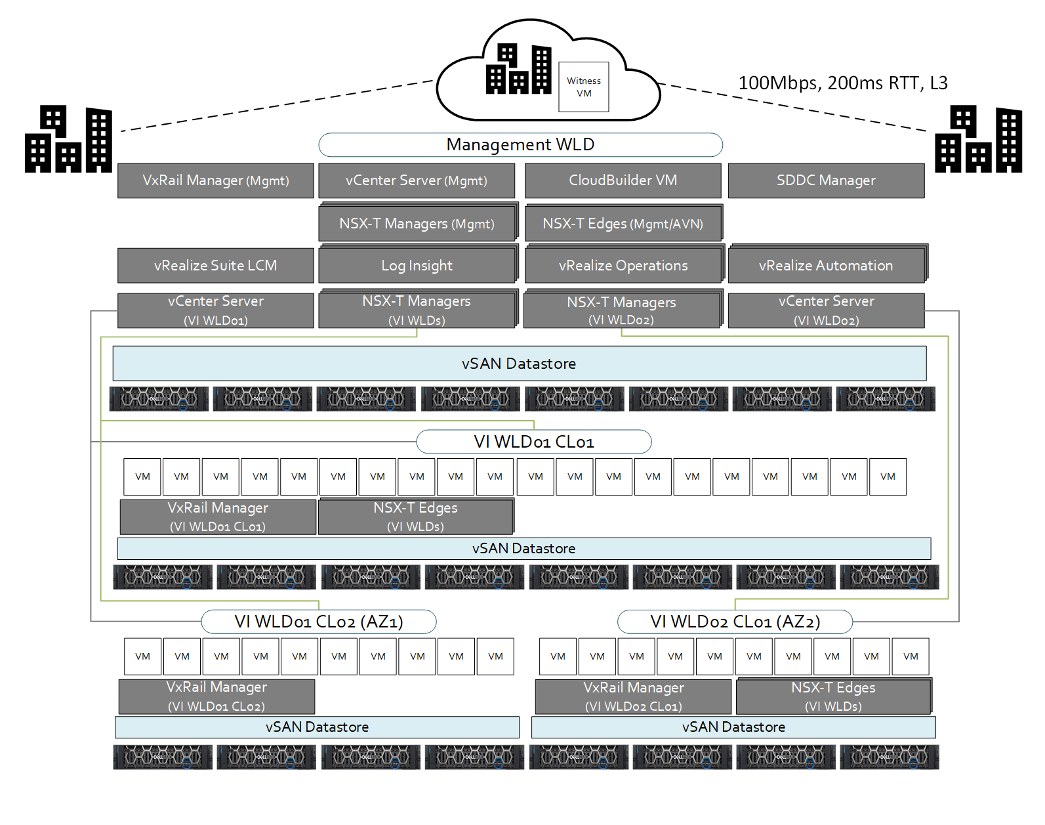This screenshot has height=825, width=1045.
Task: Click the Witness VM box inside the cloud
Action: pos(583,87)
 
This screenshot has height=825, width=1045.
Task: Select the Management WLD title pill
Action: pos(520,145)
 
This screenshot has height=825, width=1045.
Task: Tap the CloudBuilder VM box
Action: pos(623,180)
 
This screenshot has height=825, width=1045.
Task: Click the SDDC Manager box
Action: pos(826,180)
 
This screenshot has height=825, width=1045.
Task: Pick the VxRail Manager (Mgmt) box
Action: pos(216,180)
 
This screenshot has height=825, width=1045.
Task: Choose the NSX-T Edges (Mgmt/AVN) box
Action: pos(623,224)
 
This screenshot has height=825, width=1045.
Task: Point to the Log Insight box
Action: pos(417,266)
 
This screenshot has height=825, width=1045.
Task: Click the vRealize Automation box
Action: pos(826,266)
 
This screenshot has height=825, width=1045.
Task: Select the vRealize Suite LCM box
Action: pos(216,266)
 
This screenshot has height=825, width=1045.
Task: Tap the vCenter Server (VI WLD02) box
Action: pos(826,310)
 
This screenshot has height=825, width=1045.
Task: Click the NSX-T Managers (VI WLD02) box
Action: pos(621,310)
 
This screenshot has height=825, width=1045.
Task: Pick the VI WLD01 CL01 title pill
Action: pos(534,442)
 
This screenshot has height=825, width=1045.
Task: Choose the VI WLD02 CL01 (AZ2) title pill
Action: pos(735,622)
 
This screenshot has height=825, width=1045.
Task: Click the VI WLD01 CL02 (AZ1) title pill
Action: pos(319,622)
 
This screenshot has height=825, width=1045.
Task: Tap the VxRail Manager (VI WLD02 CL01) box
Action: pos(633,696)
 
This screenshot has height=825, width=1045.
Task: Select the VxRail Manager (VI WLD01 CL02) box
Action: pos(216,696)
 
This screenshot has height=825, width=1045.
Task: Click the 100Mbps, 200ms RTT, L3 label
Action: pos(842,83)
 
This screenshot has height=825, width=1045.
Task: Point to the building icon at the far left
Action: pos(68,140)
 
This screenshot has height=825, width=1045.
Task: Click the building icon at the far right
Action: pos(978,140)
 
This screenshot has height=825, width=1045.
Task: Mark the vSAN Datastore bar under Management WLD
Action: pos(519,364)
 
